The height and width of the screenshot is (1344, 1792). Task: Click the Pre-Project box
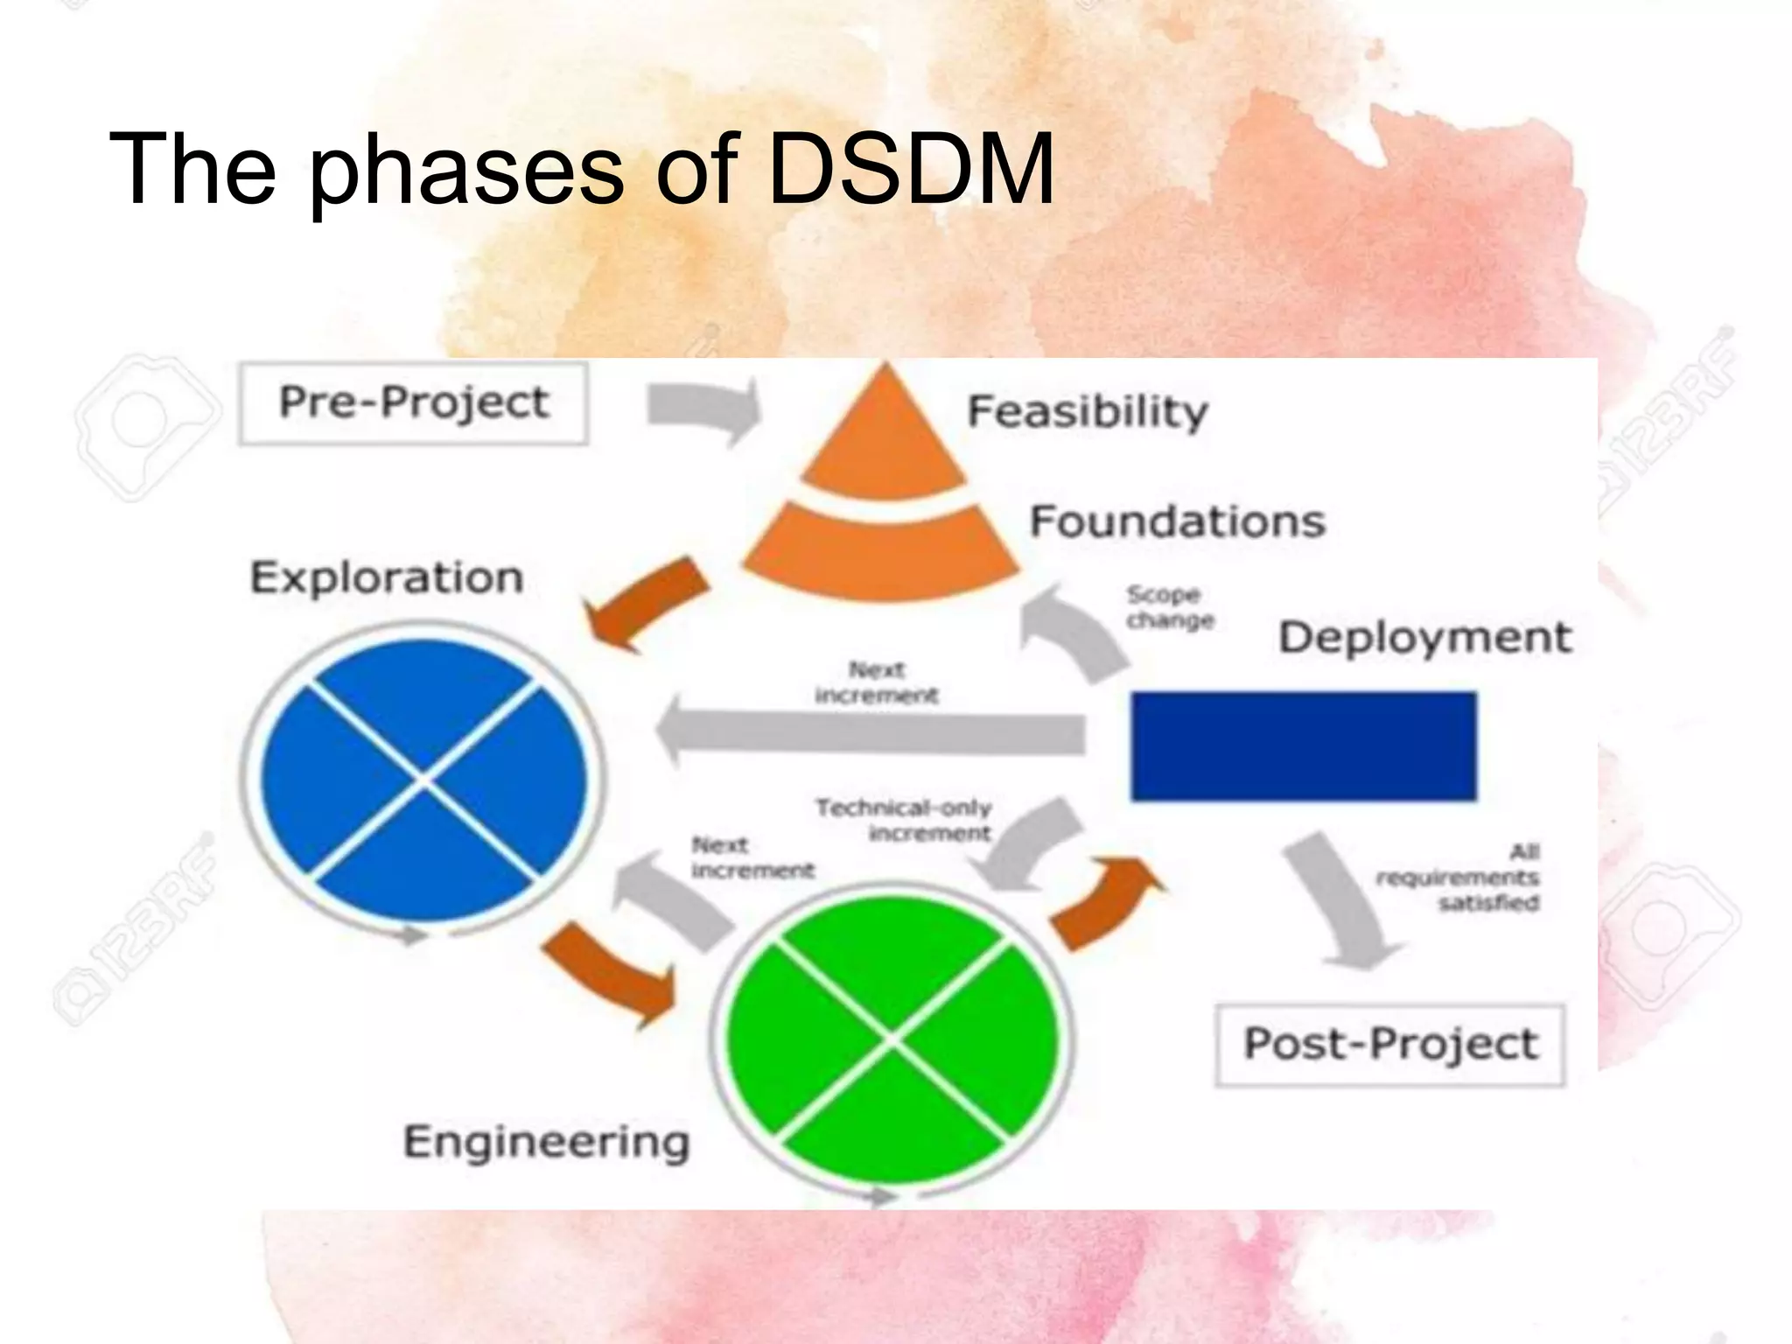click(413, 403)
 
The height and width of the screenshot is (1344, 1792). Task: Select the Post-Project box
click(1389, 1045)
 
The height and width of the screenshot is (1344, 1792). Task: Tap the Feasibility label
click(1088, 411)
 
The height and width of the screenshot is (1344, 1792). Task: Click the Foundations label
click(1177, 521)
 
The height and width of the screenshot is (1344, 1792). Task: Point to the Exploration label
click(387, 578)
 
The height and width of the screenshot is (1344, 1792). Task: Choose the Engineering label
click(546, 1142)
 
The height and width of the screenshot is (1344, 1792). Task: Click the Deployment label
click(1424, 637)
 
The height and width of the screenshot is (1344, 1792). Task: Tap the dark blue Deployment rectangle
click(1303, 745)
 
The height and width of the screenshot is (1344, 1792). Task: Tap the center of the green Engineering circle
click(892, 1039)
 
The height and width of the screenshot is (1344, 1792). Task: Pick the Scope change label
click(1169, 607)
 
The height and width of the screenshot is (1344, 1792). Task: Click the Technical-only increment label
click(904, 820)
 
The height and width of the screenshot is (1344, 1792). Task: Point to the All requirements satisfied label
click(1459, 877)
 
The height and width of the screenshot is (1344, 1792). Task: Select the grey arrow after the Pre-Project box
click(704, 408)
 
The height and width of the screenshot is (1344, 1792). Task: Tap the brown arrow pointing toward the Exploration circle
click(646, 602)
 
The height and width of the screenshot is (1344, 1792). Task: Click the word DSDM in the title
click(911, 168)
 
